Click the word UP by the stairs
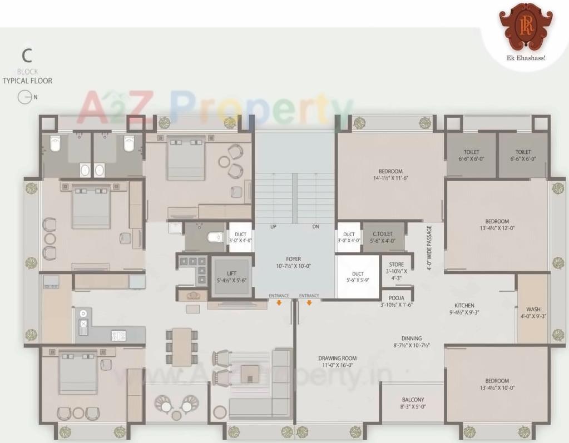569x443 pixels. (273, 227)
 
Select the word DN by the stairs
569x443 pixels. (316, 227)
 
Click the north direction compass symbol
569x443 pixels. (24, 97)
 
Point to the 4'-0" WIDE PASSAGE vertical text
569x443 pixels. (429, 248)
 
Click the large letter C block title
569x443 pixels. (27, 56)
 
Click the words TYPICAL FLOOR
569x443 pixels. (27, 81)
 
